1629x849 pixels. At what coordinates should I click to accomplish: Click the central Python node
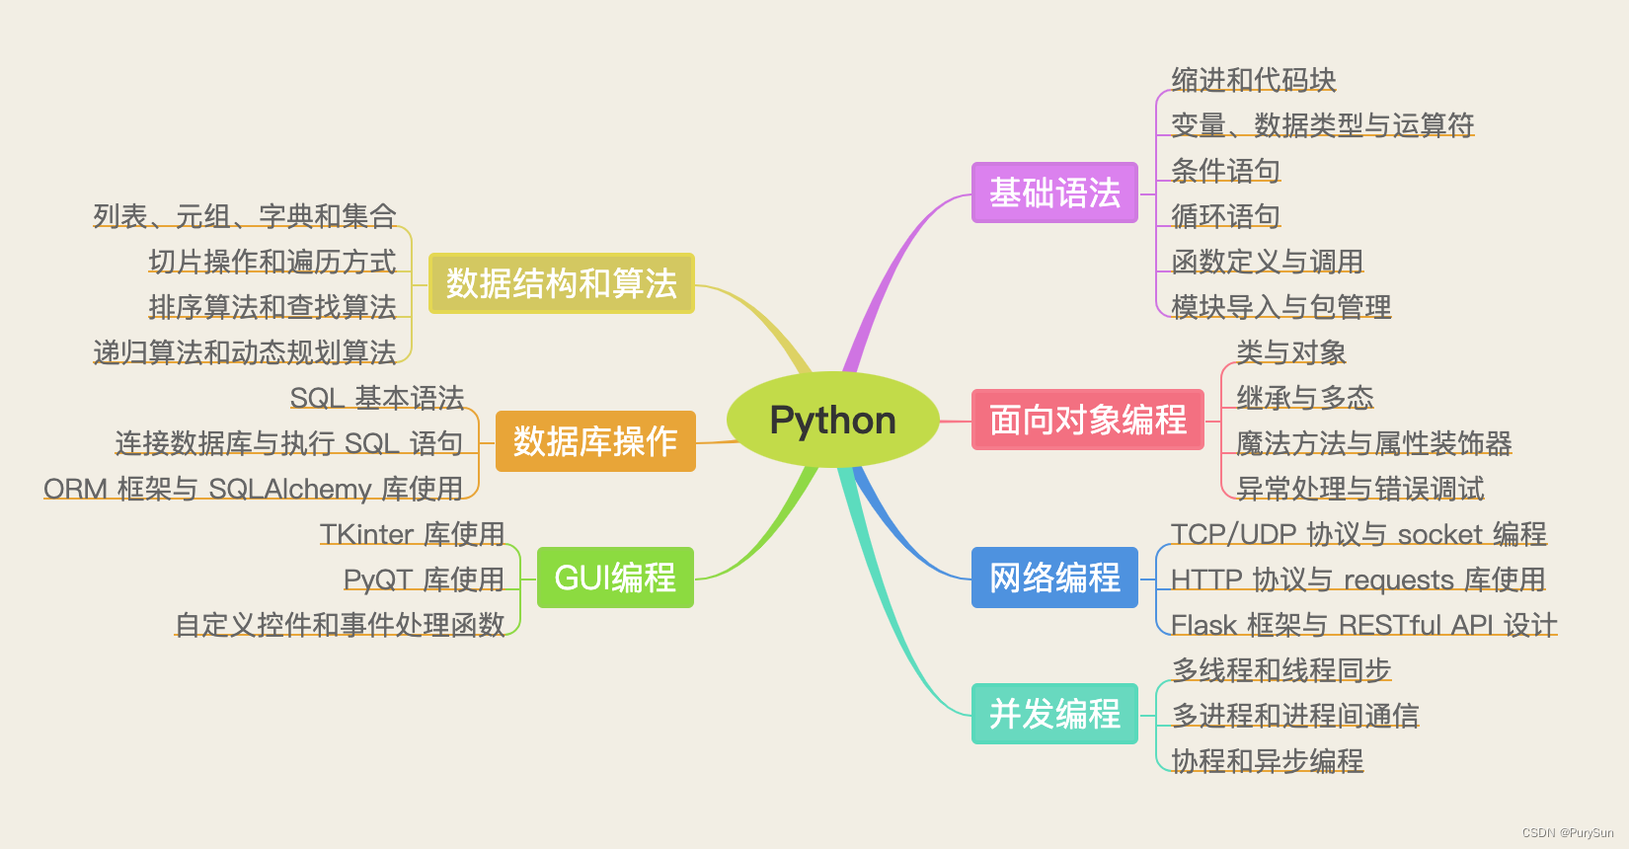tap(832, 421)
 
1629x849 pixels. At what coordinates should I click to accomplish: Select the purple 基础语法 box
tap(1054, 193)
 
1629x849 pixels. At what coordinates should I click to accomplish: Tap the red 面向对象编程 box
tap(1087, 420)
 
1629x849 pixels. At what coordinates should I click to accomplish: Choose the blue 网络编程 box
tap(1054, 578)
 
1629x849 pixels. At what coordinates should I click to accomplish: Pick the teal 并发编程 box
tap(1054, 714)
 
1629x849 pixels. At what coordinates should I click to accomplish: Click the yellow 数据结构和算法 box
tap(561, 283)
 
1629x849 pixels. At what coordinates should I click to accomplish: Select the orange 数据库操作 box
tap(594, 441)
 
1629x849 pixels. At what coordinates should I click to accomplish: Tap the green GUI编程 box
tap(615, 578)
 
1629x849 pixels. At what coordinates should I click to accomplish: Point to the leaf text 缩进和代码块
tap(1253, 80)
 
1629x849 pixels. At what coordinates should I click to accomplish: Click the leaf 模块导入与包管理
tap(1280, 307)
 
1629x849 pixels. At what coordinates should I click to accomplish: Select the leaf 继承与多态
tap(1304, 398)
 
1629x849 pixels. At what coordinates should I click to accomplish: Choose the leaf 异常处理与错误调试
tap(1359, 489)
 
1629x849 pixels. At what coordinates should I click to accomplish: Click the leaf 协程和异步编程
tap(1267, 761)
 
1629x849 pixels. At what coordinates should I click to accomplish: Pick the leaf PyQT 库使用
tap(424, 579)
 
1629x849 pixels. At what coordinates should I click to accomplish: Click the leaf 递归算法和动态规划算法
tap(245, 352)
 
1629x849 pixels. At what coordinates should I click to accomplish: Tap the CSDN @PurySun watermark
tap(1568, 833)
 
